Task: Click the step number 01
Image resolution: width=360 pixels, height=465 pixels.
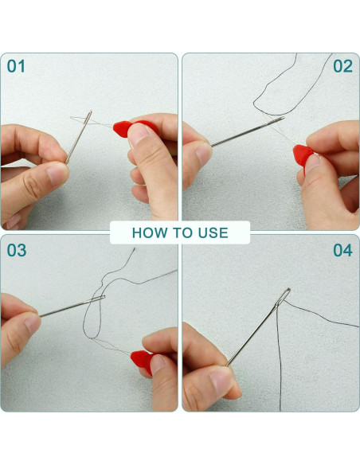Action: tap(16, 66)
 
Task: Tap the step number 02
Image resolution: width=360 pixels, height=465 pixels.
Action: tap(342, 66)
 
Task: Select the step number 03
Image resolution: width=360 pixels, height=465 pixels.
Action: tap(17, 250)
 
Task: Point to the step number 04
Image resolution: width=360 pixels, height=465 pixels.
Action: tap(342, 250)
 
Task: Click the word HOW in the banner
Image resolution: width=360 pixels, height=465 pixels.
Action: tap(149, 232)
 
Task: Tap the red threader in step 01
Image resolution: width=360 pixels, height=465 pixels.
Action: tap(131, 128)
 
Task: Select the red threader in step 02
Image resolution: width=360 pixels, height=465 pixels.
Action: tap(303, 156)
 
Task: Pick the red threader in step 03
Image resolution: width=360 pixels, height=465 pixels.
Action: tap(143, 361)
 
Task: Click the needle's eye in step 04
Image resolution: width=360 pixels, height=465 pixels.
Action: tap(284, 295)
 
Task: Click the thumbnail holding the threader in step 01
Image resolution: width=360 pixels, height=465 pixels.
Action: tap(139, 134)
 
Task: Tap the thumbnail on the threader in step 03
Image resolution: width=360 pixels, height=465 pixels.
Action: tap(158, 364)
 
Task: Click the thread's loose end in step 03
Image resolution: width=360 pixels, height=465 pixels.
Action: tap(134, 249)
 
